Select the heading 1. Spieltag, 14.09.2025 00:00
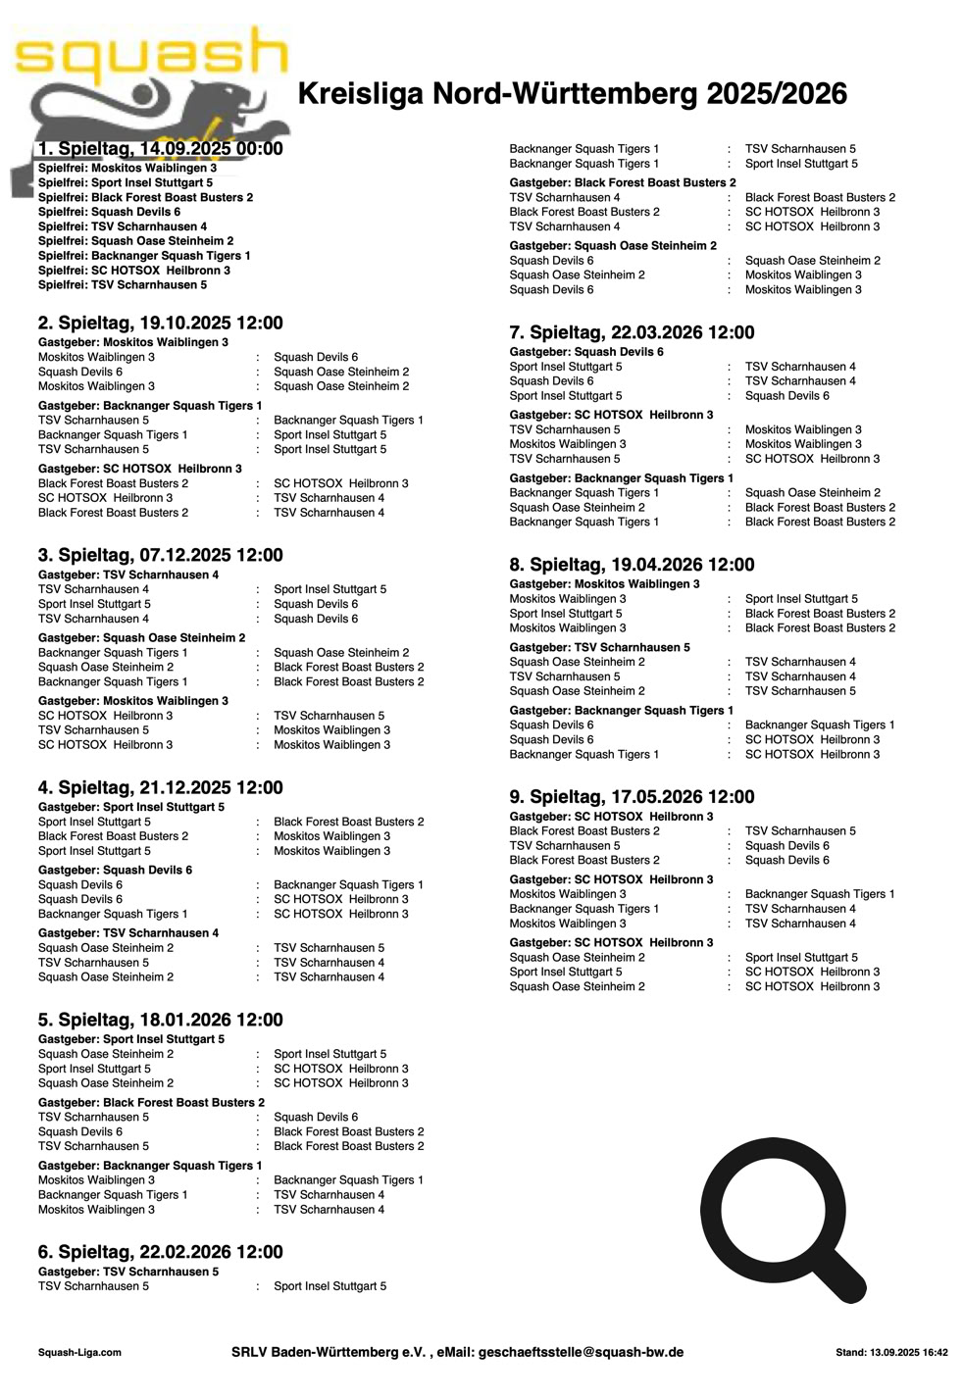click(161, 149)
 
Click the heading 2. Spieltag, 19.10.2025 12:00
click(161, 323)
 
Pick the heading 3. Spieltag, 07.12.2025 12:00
click(161, 555)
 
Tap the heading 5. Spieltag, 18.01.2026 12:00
click(161, 1020)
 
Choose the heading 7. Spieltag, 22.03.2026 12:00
click(632, 332)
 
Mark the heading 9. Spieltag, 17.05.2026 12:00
click(632, 797)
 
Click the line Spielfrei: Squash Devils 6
click(109, 212)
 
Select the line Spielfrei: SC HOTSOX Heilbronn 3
click(134, 271)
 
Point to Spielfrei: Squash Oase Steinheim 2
click(135, 241)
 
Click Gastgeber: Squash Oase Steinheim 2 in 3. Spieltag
click(142, 638)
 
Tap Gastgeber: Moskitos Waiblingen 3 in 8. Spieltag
click(604, 584)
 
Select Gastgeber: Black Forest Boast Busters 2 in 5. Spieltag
click(151, 1103)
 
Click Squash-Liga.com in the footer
click(79, 1353)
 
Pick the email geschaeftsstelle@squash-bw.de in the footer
click(581, 1352)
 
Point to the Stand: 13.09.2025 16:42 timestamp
click(891, 1353)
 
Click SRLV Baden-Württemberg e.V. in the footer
click(329, 1352)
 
